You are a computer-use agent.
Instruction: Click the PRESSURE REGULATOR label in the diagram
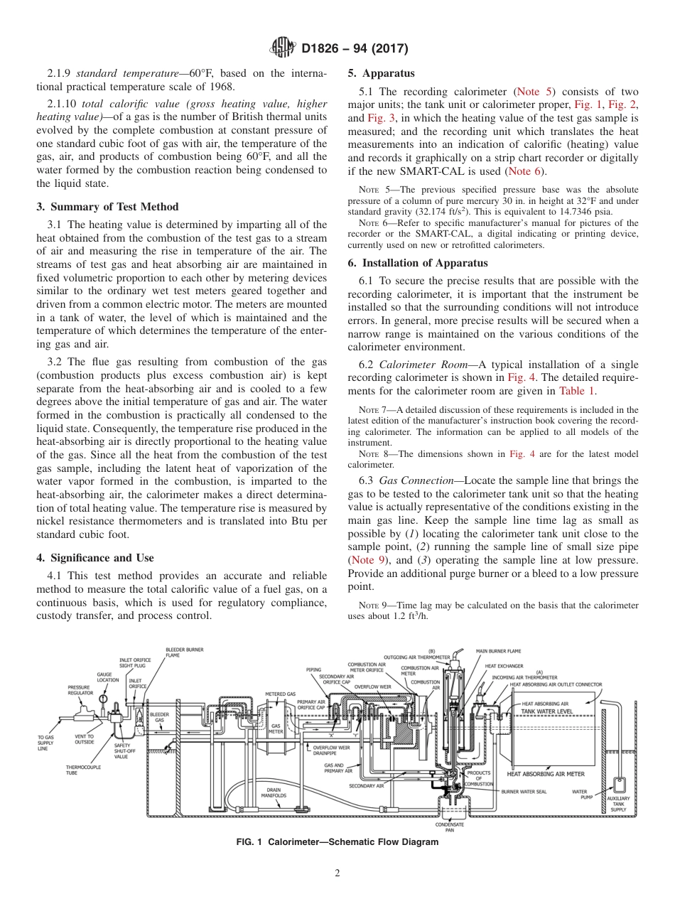pos(80,689)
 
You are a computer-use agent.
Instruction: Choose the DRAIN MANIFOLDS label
pos(276,792)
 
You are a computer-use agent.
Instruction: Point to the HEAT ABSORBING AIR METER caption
pos(546,774)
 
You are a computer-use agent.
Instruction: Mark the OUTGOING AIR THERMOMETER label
pos(416,657)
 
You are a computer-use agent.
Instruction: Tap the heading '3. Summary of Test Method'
pos(107,207)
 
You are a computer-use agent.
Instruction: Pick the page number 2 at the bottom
pos(337,874)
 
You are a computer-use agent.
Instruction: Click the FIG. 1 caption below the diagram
pos(337,842)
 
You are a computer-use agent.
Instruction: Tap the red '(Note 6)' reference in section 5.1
pos(526,172)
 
